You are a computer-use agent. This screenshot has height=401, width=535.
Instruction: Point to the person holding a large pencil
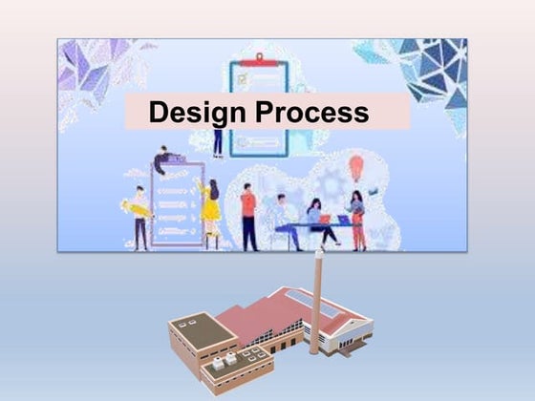(140, 216)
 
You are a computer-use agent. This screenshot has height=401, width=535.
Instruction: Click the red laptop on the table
(324, 219)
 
